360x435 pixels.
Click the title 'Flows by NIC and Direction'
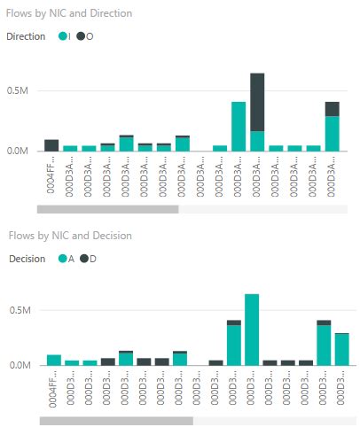click(x=70, y=14)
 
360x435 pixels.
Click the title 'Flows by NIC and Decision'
click(x=69, y=236)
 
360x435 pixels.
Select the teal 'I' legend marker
click(x=63, y=36)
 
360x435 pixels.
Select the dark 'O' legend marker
click(x=81, y=36)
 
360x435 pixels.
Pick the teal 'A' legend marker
click(x=62, y=259)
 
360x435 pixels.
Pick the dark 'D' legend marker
click(x=83, y=259)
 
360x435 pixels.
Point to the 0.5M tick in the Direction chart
click(x=19, y=90)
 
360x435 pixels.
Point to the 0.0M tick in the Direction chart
click(x=19, y=151)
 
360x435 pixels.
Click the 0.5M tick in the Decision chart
click(x=19, y=311)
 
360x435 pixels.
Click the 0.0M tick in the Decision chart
click(x=19, y=365)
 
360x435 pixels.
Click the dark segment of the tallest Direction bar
click(x=257, y=102)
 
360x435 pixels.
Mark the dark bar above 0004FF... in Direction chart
click(x=51, y=145)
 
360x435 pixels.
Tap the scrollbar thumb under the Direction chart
click(x=107, y=210)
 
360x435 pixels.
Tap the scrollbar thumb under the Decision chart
click(x=116, y=421)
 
